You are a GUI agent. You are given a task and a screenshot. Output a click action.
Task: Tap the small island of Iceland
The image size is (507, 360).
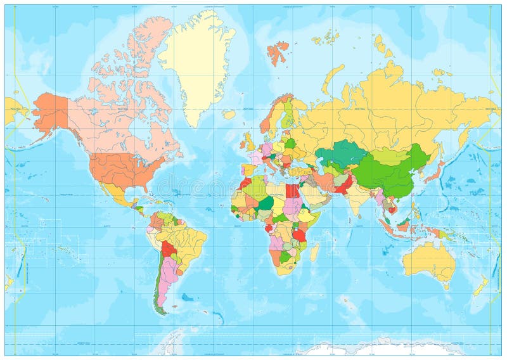(229, 115)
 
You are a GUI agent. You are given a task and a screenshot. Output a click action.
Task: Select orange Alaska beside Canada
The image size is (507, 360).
(51, 111)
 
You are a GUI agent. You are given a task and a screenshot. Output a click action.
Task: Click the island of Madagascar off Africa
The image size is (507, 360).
(314, 252)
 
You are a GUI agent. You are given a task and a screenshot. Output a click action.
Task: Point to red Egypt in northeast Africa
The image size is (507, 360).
(292, 191)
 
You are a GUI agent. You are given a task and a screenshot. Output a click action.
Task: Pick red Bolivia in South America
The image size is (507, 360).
(169, 248)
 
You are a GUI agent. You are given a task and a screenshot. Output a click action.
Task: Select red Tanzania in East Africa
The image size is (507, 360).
(299, 235)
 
